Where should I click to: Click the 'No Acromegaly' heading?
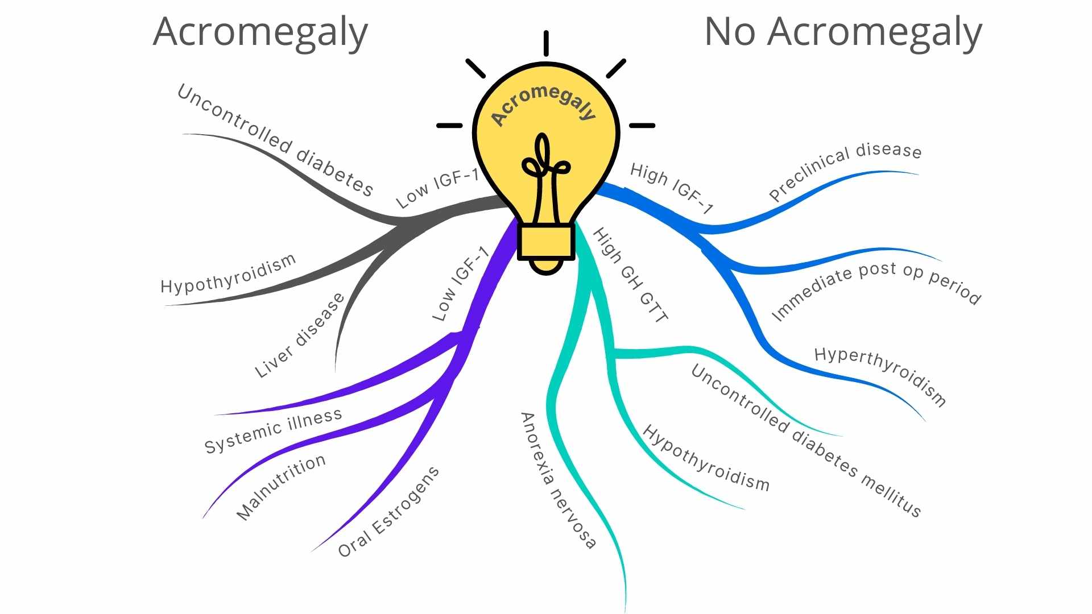843,32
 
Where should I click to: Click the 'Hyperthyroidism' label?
880,375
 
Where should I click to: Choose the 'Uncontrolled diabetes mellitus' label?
805,441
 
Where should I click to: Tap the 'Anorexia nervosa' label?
558,480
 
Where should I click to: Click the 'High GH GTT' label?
630,275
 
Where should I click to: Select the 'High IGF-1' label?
671,188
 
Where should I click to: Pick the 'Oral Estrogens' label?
388,512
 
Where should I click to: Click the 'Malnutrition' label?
281,487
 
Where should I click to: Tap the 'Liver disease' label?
300,335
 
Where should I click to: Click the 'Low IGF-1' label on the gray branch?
437,188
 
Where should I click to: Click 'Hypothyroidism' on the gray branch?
228,274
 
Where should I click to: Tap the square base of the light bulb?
545,242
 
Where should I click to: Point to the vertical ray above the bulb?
545,43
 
